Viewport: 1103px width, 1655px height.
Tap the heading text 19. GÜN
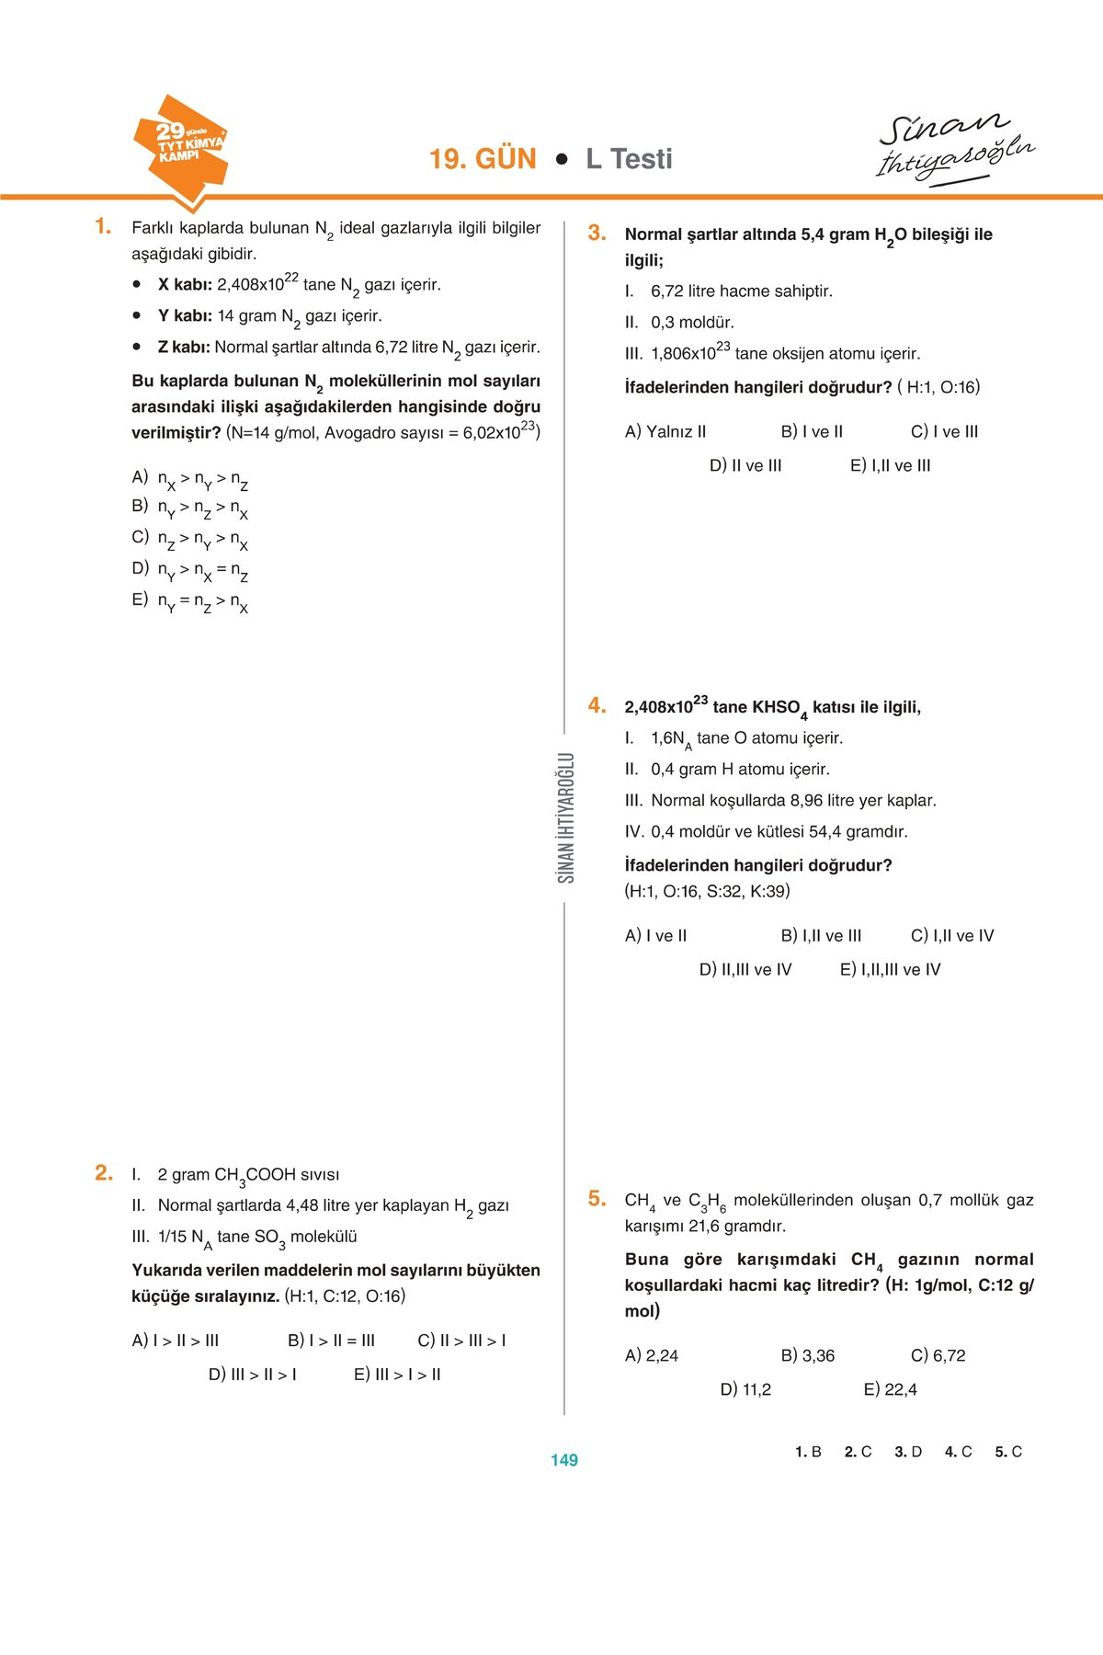[483, 159]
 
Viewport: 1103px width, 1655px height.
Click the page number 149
[563, 1460]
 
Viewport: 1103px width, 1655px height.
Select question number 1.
[103, 226]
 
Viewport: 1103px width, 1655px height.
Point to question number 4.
[597, 705]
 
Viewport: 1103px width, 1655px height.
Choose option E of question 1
[190, 601]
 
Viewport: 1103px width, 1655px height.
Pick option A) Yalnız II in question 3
[665, 431]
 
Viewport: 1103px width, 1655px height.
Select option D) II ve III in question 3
[745, 465]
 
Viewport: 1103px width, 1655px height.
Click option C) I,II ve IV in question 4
[952, 935]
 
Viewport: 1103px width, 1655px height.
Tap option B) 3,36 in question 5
[808, 1355]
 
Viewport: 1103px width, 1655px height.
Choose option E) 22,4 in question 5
[890, 1389]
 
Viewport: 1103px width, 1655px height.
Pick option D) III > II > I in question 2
[253, 1375]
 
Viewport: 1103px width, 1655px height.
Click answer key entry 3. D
[908, 1452]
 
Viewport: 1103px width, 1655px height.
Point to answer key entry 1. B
[808, 1452]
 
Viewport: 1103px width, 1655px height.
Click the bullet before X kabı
[137, 285]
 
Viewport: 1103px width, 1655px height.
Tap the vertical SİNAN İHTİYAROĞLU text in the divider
[565, 817]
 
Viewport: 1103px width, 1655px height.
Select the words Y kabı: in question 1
[185, 316]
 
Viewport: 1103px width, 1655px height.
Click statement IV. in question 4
[635, 832]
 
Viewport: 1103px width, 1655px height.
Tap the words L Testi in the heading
[629, 159]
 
